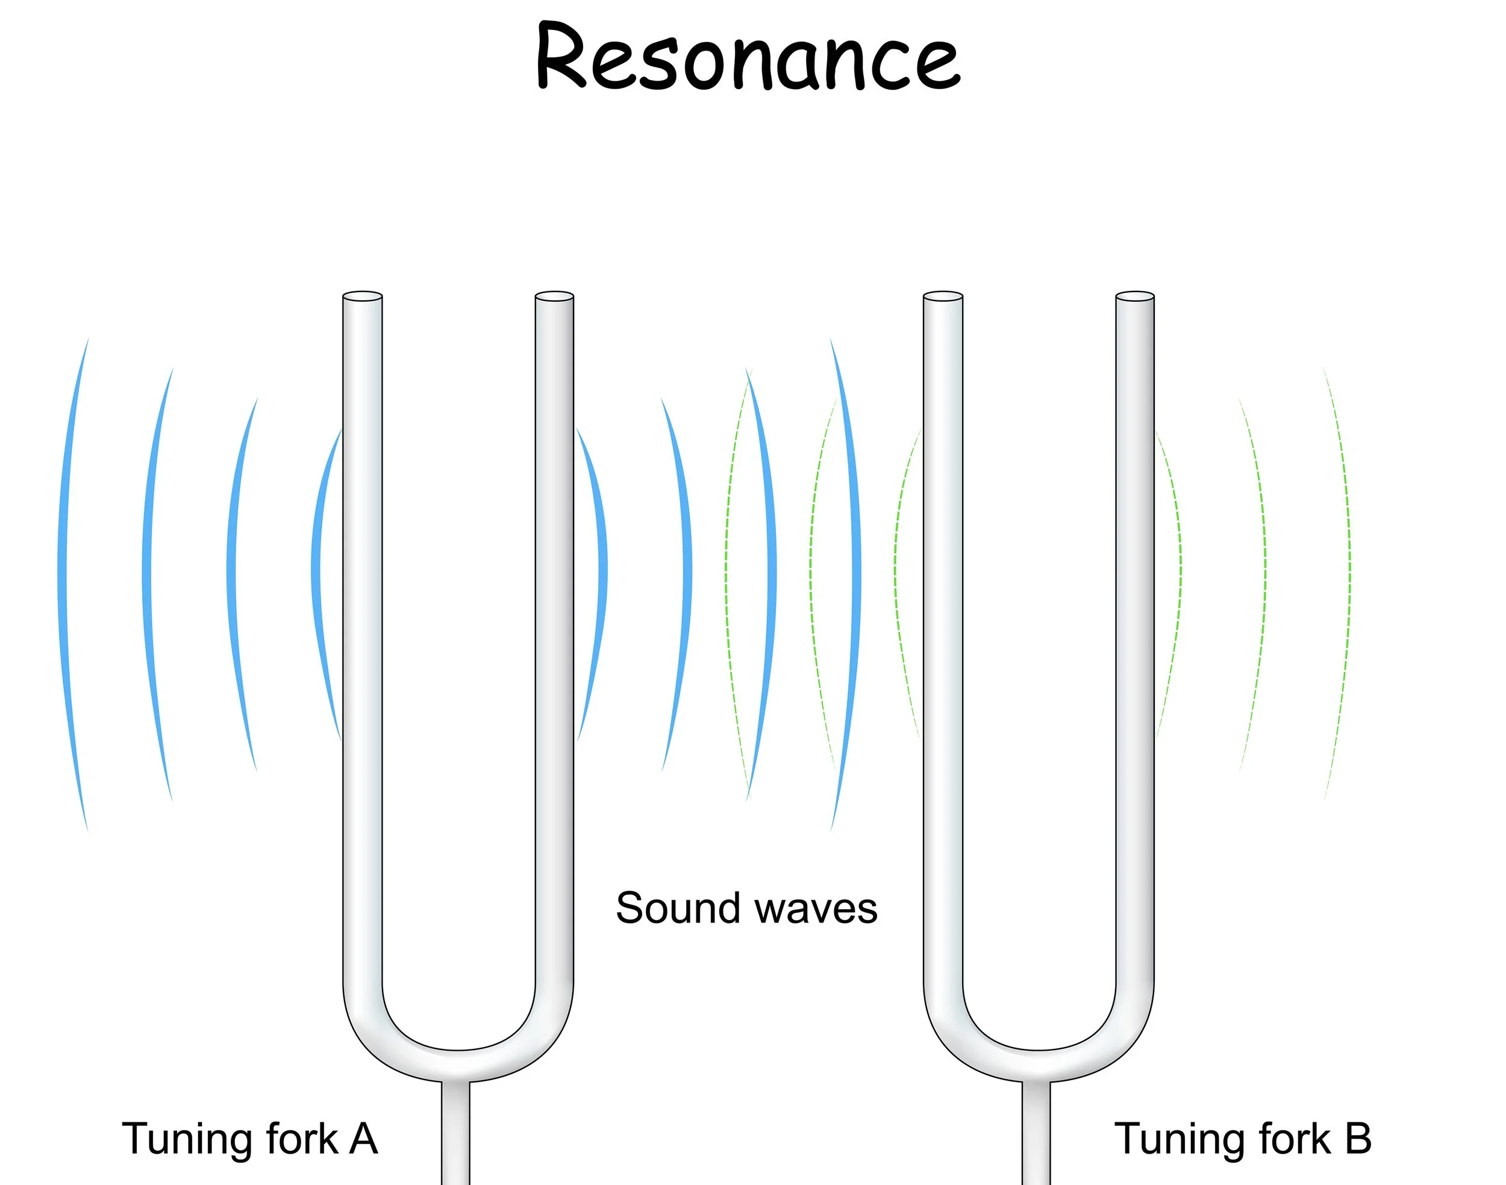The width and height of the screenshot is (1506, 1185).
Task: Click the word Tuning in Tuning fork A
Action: coord(186,1140)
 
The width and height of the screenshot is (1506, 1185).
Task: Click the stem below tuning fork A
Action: coord(455,1138)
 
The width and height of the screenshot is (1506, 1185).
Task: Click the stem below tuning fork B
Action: coord(1036,1138)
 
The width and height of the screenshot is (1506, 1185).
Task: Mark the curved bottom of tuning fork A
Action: coord(458,1065)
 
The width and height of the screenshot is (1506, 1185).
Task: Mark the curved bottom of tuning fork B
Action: coord(1039,1065)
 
